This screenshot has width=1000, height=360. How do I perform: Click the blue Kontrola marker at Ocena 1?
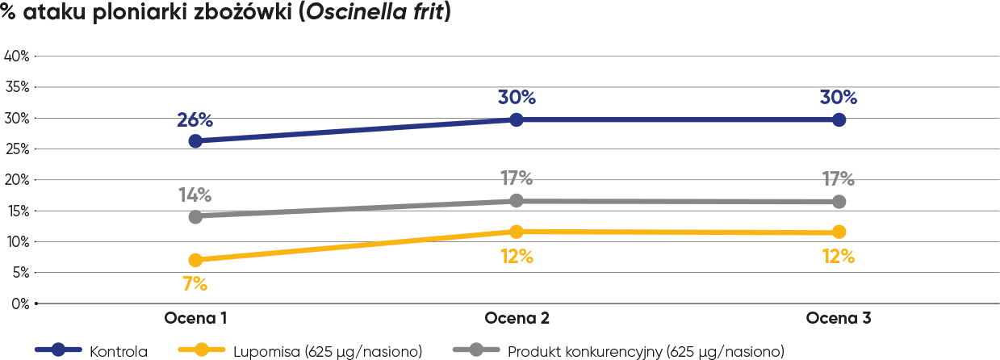tap(195, 140)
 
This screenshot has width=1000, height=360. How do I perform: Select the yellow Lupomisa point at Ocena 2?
tap(517, 232)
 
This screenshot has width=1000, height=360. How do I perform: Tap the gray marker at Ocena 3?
tap(839, 201)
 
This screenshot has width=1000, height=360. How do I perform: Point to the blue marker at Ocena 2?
tap(517, 119)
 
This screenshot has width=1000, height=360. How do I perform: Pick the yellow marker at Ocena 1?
tap(195, 260)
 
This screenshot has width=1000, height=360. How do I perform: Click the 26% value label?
tap(195, 120)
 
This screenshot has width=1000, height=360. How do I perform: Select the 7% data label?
tap(195, 283)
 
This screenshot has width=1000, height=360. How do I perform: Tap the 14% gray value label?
tap(195, 195)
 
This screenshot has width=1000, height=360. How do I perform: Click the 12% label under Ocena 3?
tap(839, 257)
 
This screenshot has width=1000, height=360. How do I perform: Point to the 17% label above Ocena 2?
tap(517, 178)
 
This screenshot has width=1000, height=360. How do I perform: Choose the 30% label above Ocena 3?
tap(839, 98)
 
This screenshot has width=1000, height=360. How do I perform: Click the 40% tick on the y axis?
tap(17, 56)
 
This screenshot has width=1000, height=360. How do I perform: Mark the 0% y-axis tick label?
tap(19, 303)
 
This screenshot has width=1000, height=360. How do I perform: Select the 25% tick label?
tap(17, 149)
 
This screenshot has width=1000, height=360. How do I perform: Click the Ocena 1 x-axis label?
tap(195, 318)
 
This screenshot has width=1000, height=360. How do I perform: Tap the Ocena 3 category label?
tap(839, 318)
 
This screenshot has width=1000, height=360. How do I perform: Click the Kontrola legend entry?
tap(118, 351)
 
